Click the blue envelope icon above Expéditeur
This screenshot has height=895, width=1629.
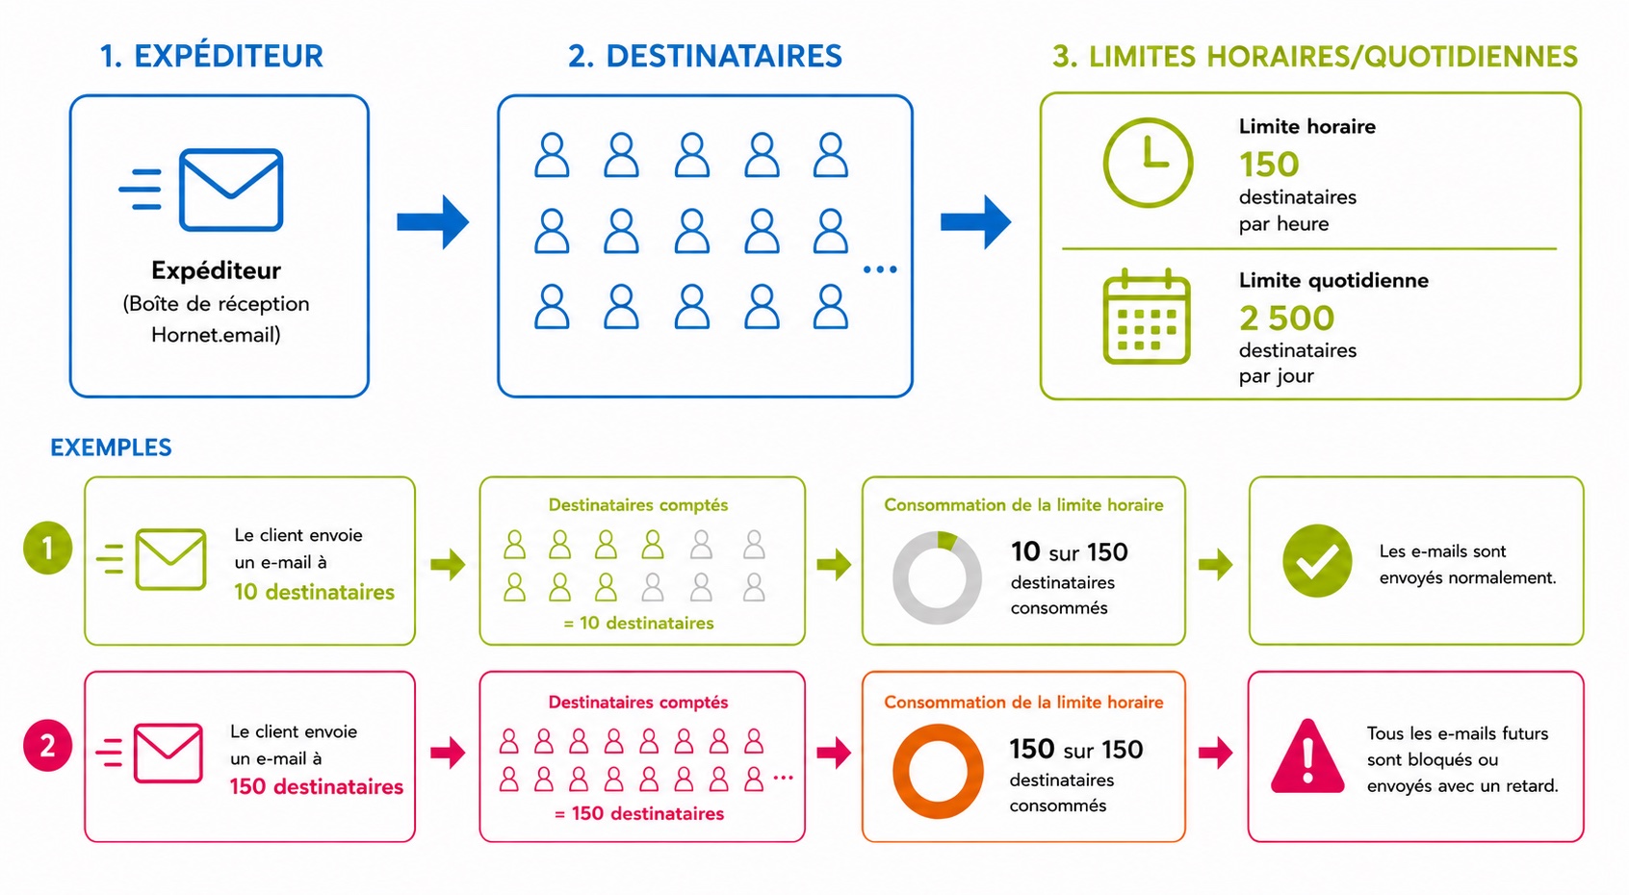click(230, 190)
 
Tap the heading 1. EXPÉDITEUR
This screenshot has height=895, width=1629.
click(212, 56)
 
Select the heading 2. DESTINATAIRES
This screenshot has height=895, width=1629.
click(705, 56)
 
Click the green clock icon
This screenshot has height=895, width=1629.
click(1148, 163)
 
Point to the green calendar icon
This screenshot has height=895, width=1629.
click(1147, 317)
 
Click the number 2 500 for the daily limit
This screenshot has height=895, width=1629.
click(1286, 318)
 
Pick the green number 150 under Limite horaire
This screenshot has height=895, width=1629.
click(1269, 165)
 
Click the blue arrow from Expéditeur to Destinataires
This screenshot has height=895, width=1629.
click(432, 221)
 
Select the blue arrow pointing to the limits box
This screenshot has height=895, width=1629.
click(975, 221)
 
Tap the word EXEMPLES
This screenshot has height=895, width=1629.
click(111, 447)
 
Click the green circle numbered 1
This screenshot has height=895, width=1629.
click(48, 549)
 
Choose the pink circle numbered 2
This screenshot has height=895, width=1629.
click(48, 746)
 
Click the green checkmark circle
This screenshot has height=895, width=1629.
click(1317, 560)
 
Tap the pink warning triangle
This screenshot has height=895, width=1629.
click(1307, 756)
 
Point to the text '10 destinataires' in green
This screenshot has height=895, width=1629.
click(314, 592)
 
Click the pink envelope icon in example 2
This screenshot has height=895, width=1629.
click(168, 753)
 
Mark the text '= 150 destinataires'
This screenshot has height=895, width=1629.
click(639, 813)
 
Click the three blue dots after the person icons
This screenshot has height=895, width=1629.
click(880, 269)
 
